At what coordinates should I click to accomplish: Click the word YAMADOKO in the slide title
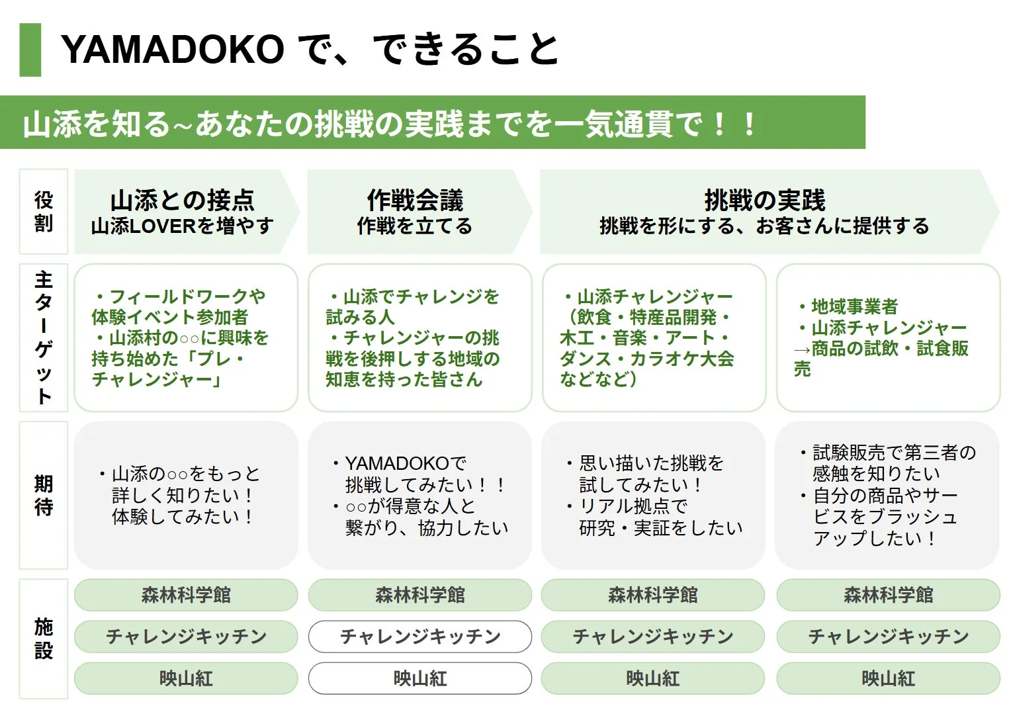pos(172,50)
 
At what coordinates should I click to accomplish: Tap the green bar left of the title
pos(30,50)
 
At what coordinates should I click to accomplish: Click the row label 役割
pos(44,212)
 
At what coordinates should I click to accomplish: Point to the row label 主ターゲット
pos(44,337)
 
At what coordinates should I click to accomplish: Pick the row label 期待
pos(44,495)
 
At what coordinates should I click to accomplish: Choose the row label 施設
pos(44,639)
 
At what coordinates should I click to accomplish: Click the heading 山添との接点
pos(182,200)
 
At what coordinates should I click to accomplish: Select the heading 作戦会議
pos(415,200)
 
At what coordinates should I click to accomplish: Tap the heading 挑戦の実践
pos(765,200)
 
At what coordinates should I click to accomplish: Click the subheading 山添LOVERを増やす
pos(182,226)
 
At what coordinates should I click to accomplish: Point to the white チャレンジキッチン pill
pos(419,637)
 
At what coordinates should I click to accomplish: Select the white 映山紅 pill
pos(419,678)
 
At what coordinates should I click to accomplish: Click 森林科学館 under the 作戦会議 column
pos(419,595)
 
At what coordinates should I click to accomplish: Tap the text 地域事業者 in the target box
pos(854,307)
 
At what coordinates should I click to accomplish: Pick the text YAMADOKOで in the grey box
pos(405,463)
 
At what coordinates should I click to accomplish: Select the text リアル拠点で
pos(633,506)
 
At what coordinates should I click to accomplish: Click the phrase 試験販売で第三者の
pos(894,453)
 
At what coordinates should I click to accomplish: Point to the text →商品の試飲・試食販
pos(881,349)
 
